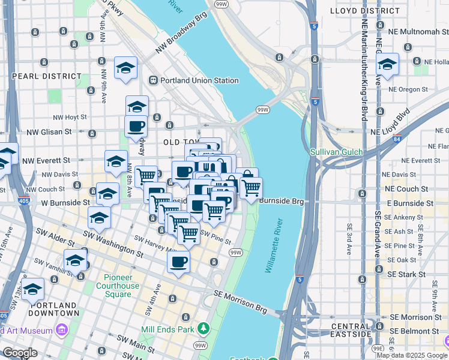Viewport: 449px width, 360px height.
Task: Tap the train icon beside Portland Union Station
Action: pyautogui.click(x=154, y=80)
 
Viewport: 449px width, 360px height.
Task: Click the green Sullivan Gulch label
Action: pyautogui.click(x=337, y=152)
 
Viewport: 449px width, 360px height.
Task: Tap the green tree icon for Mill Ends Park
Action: pyautogui.click(x=203, y=328)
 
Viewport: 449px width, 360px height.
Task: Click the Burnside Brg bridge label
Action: pyautogui.click(x=282, y=202)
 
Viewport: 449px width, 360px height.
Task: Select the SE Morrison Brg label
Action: pyautogui.click(x=240, y=301)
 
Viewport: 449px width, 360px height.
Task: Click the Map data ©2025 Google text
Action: pyautogui.click(x=411, y=355)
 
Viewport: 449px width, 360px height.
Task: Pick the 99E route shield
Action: pyautogui.click(x=378, y=347)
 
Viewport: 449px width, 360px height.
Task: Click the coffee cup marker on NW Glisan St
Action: pyautogui.click(x=136, y=127)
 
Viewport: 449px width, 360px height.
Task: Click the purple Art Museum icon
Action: pyautogui.click(x=61, y=329)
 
